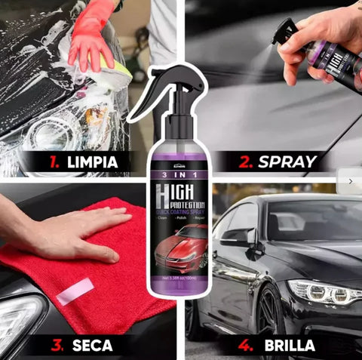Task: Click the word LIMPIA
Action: (91, 162)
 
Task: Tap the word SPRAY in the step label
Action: (287, 162)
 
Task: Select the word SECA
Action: (92, 346)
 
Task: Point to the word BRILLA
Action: (289, 346)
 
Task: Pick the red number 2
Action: (244, 162)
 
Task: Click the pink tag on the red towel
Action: (75, 291)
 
